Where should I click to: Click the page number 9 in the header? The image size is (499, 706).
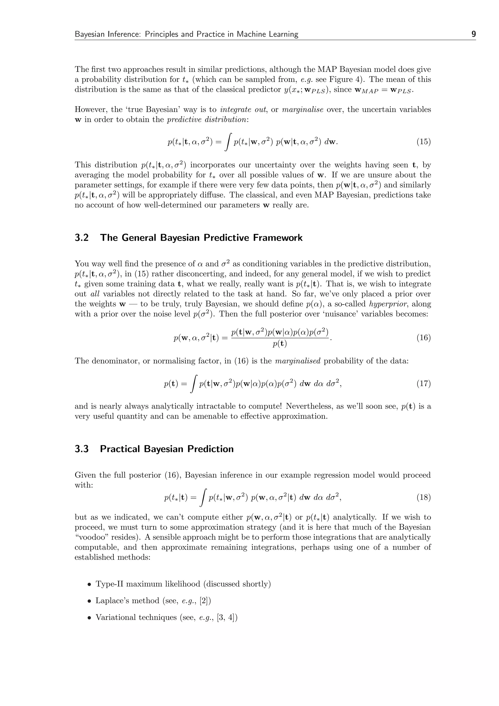(x=473, y=34)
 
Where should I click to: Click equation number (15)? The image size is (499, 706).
(x=423, y=142)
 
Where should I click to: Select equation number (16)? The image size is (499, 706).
(x=423, y=338)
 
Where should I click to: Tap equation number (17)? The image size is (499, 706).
(x=423, y=383)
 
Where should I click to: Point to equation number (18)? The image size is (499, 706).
(x=423, y=497)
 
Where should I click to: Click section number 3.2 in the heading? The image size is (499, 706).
(x=82, y=238)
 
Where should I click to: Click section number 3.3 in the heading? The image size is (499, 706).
(x=82, y=449)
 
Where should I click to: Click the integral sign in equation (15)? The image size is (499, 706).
(x=228, y=142)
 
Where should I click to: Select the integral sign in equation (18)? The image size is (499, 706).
(x=202, y=497)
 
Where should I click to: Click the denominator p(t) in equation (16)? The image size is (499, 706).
(x=279, y=344)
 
